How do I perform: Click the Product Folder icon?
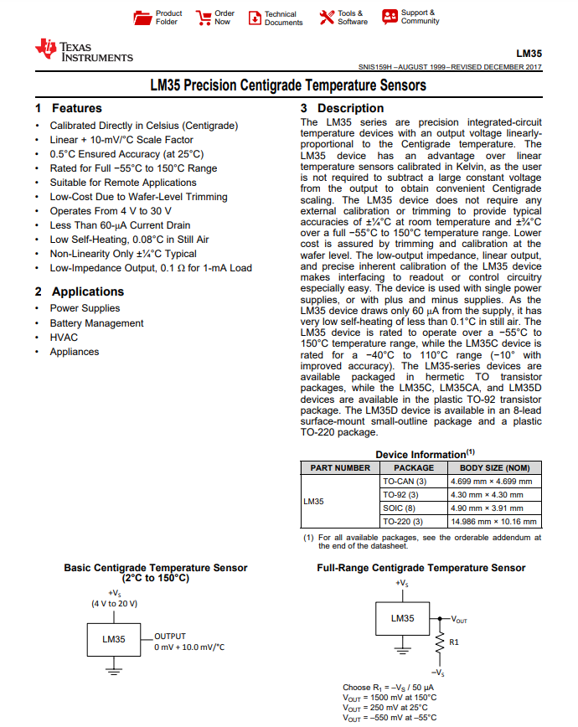(142, 17)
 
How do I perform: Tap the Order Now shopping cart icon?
(204, 17)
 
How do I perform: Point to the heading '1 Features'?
(69, 108)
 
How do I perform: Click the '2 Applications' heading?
(80, 291)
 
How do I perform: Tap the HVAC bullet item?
(64, 338)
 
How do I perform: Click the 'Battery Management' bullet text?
(96, 323)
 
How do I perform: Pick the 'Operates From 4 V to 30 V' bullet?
(111, 211)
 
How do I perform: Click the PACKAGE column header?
(414, 467)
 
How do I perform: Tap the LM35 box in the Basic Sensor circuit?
(114, 639)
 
